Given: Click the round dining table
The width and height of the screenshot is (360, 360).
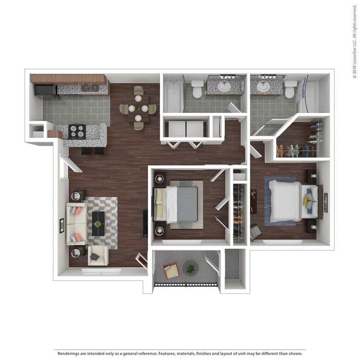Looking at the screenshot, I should [139, 108].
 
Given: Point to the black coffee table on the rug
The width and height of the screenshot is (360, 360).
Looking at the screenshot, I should [98, 223].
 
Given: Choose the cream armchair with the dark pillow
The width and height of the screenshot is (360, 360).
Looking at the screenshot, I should [97, 256].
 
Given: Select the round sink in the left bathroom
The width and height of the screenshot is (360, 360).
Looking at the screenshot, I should [224, 87].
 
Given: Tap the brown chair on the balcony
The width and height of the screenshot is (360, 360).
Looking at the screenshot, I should [171, 270].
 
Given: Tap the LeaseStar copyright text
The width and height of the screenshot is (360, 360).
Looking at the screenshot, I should [354, 41].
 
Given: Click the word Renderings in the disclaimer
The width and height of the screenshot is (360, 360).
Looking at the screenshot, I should [68, 353].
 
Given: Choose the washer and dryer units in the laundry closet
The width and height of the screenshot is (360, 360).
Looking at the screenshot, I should [186, 129].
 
